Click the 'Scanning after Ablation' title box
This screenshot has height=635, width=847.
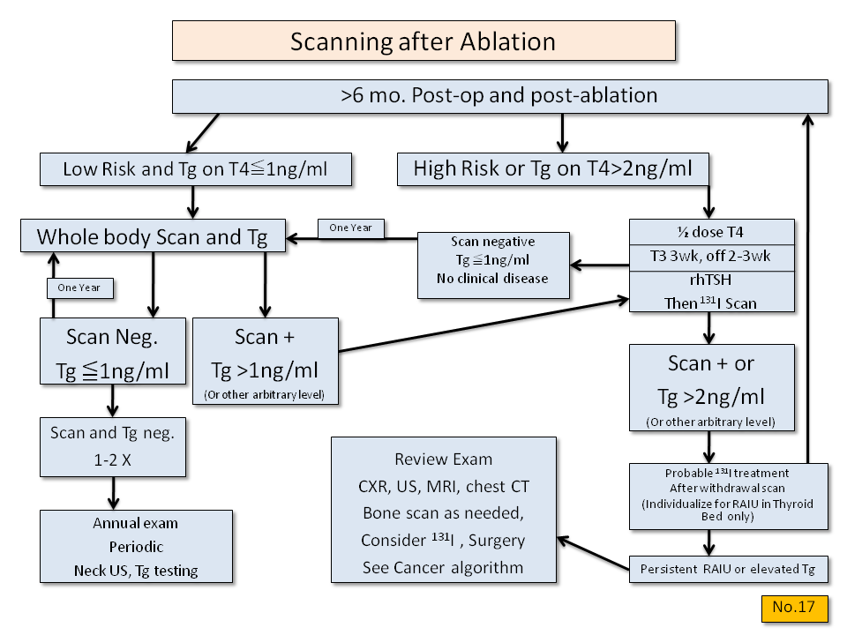423,41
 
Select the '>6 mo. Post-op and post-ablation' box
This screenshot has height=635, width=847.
499,96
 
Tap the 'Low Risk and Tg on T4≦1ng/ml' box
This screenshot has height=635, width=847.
195,169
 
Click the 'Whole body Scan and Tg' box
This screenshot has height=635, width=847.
154,236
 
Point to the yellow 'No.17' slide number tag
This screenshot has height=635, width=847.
793,608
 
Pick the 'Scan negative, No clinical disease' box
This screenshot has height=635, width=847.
492,259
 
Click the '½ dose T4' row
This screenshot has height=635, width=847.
711,231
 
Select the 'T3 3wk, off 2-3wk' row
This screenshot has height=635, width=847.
711,256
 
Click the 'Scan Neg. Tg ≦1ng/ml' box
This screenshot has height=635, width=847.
113,351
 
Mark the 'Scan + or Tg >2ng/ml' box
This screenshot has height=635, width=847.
711,387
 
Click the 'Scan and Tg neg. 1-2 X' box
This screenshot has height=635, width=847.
113,447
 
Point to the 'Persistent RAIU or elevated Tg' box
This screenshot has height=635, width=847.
729,569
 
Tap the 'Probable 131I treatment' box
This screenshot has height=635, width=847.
729,496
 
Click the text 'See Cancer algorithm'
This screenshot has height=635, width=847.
444,567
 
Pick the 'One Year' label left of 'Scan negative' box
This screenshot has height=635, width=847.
350,228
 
